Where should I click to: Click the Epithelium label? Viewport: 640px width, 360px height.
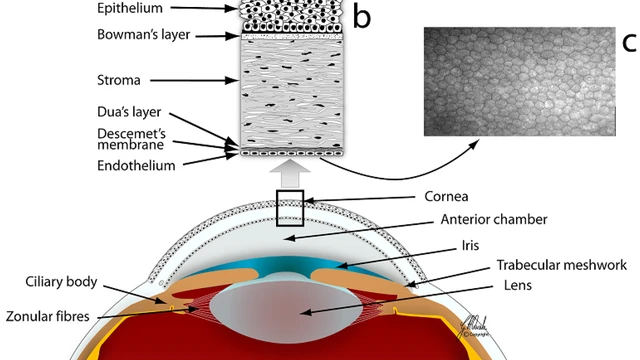130,8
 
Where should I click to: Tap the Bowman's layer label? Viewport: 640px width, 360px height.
144,35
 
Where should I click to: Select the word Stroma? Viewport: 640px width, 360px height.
119,80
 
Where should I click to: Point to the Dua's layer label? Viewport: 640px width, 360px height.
129,112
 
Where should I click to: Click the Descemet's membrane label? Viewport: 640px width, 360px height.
131,139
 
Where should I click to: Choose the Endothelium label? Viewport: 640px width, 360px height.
136,166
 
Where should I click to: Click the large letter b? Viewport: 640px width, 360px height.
362,16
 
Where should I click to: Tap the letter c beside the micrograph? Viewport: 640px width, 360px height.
629,42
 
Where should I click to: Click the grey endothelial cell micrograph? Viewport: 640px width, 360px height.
520,82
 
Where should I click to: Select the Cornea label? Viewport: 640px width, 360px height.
446,196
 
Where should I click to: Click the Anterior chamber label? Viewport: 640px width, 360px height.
494,220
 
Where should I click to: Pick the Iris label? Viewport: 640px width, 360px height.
470,245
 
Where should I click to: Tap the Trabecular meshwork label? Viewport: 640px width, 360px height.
562,265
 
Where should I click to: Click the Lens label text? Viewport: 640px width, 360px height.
518,285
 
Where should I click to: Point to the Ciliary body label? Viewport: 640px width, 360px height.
61,282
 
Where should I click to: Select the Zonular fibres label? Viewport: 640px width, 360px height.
48,316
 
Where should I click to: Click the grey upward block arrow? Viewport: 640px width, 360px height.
290,173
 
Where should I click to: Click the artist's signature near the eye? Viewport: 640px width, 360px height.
473,327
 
